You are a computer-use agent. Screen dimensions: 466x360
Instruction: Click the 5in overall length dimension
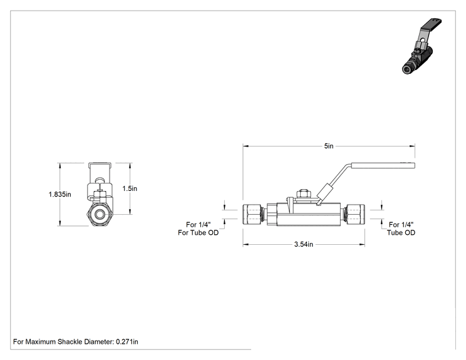329,146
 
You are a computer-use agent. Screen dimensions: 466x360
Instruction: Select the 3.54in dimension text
303,244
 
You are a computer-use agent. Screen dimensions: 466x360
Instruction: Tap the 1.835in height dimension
60,194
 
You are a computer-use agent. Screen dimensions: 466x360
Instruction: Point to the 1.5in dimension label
130,188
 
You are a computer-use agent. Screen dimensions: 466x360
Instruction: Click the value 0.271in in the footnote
127,342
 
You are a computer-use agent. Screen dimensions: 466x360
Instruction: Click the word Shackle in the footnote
70,342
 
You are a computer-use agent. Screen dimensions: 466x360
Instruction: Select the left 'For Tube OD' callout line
198,232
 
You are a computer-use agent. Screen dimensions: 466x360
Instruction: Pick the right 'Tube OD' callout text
401,232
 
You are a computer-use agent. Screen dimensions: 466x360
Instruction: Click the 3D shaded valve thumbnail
422,46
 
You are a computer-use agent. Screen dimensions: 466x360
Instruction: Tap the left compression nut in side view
252,214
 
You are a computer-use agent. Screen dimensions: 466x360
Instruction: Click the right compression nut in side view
355,214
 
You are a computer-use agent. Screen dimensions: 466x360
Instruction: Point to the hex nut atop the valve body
304,193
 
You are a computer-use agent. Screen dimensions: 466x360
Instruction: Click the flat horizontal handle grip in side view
383,165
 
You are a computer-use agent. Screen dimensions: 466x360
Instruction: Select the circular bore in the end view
100,214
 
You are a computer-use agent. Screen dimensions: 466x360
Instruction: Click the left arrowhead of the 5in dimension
246,146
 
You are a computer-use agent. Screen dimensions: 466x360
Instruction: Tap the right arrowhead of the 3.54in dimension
362,244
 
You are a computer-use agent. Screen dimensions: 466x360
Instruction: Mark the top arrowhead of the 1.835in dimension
60,166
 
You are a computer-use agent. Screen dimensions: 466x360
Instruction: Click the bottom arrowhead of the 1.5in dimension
130,211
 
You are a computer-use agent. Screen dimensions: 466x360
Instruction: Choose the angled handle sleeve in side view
324,193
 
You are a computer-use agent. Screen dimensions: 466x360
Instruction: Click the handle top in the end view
100,163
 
